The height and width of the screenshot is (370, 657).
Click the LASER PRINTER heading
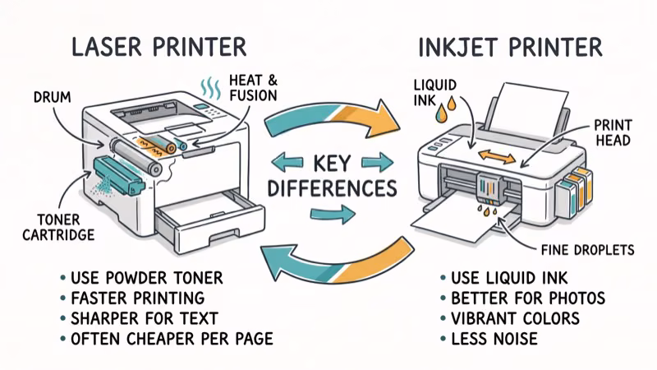pyautogui.click(x=159, y=45)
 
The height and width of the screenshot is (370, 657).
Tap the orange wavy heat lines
pyautogui.click(x=211, y=86)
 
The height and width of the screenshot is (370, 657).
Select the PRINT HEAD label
pyautogui.click(x=612, y=132)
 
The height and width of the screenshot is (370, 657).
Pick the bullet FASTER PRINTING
pyautogui.click(x=139, y=298)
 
